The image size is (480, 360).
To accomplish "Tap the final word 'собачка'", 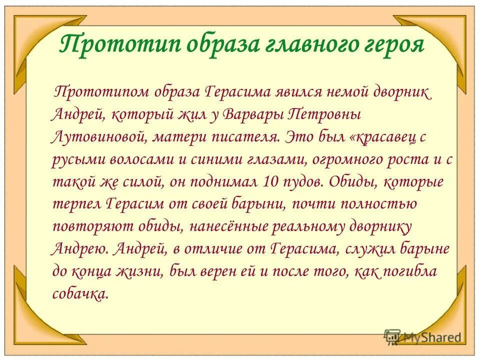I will pyautogui.click(x=79, y=294).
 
